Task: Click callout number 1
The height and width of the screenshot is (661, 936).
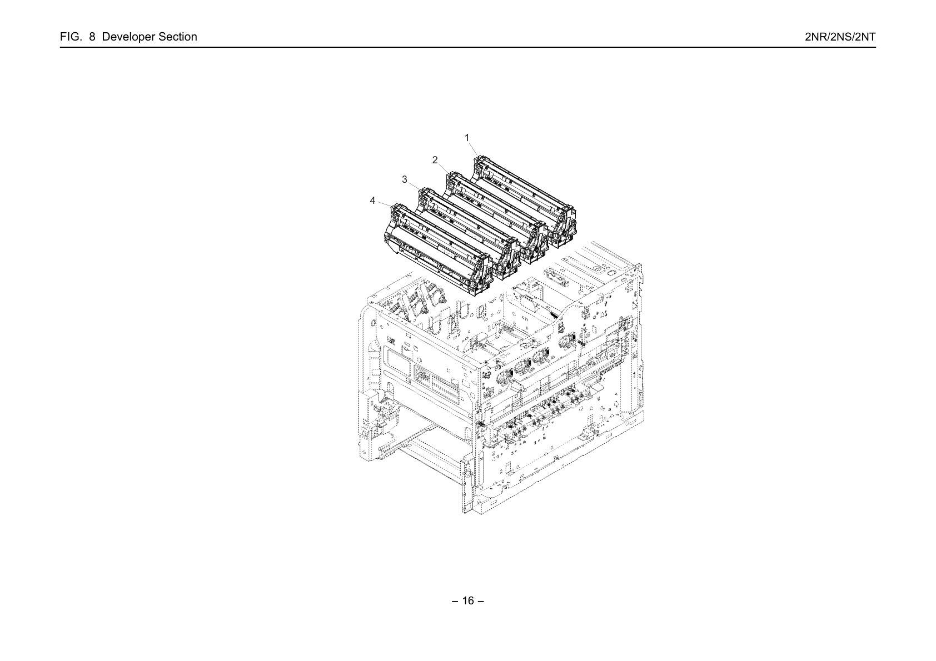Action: click(x=467, y=138)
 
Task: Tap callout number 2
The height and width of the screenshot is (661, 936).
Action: click(x=435, y=160)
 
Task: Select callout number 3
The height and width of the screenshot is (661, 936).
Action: click(x=405, y=179)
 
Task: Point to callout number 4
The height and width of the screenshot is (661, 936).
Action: click(x=372, y=201)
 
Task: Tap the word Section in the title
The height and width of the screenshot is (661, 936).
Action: click(x=178, y=37)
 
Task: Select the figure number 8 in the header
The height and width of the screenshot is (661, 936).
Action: click(x=92, y=37)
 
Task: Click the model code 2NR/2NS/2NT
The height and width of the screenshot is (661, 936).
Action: click(x=840, y=37)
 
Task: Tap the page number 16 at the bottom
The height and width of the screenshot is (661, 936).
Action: click(x=468, y=600)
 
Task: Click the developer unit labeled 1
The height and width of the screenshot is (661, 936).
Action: click(x=524, y=201)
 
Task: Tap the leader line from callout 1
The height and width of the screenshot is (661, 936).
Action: click(x=474, y=149)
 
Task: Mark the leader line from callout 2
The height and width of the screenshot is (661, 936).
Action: click(x=444, y=168)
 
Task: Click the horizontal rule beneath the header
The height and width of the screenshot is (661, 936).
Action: click(x=468, y=47)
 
